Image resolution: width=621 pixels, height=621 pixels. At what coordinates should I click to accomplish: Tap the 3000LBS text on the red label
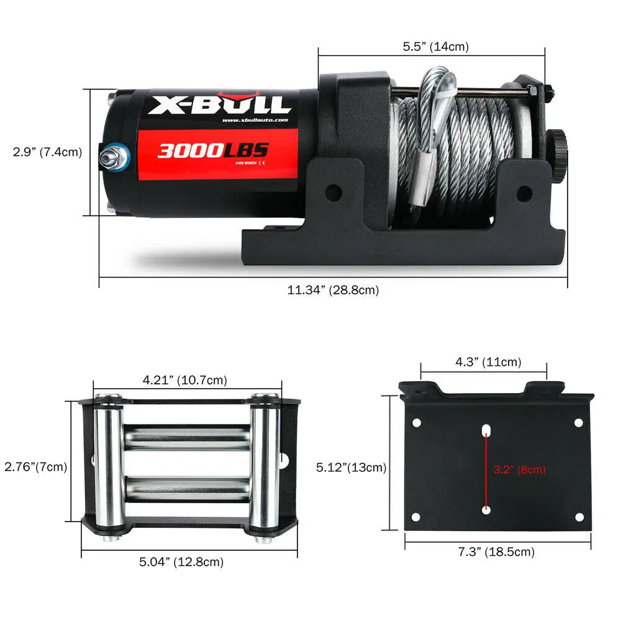coord(212,150)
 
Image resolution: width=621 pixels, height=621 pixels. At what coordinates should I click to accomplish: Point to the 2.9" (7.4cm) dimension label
coord(48,152)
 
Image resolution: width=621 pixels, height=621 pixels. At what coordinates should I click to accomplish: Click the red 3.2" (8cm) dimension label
coord(519,469)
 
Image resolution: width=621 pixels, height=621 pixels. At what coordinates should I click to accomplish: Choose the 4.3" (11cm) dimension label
coord(488,361)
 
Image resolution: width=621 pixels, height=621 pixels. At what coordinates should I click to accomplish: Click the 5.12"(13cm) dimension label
coord(351,468)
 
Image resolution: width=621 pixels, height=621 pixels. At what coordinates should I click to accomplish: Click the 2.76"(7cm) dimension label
coord(35,466)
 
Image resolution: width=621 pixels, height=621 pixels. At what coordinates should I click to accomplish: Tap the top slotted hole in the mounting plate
coord(486,430)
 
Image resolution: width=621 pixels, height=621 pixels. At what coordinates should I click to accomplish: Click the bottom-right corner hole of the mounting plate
coord(579,517)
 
